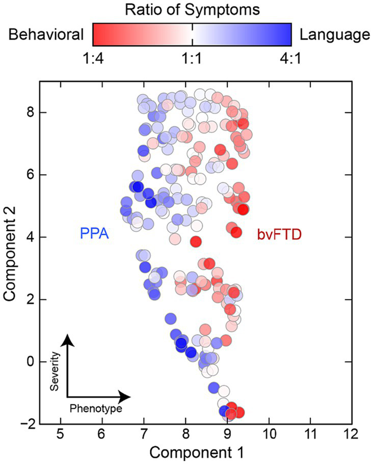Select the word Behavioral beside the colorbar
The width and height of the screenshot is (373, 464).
pos(45,35)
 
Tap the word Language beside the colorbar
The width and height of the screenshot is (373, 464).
pos(334,35)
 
